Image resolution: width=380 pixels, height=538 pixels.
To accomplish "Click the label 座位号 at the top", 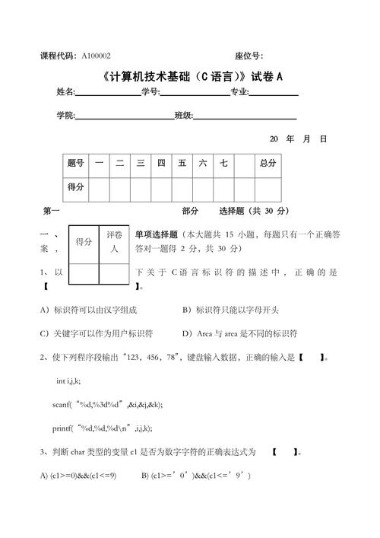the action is point(249,56).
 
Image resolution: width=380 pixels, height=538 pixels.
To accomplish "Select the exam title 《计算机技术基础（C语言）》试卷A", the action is point(190,76).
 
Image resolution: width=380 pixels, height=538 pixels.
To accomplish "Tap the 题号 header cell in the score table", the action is point(75,164).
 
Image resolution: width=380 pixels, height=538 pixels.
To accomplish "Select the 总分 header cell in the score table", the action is point(268,164).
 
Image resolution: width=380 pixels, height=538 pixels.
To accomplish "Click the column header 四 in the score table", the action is point(161,164).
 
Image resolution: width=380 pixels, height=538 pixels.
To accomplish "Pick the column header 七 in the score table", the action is point(224,164).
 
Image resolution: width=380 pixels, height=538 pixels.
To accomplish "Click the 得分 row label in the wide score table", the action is point(75,186).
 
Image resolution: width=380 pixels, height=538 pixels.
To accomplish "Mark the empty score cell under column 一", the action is point(99,186).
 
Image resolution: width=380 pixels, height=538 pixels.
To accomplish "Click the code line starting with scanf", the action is point(107,405).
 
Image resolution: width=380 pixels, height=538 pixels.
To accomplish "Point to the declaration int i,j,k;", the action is point(74,381).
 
